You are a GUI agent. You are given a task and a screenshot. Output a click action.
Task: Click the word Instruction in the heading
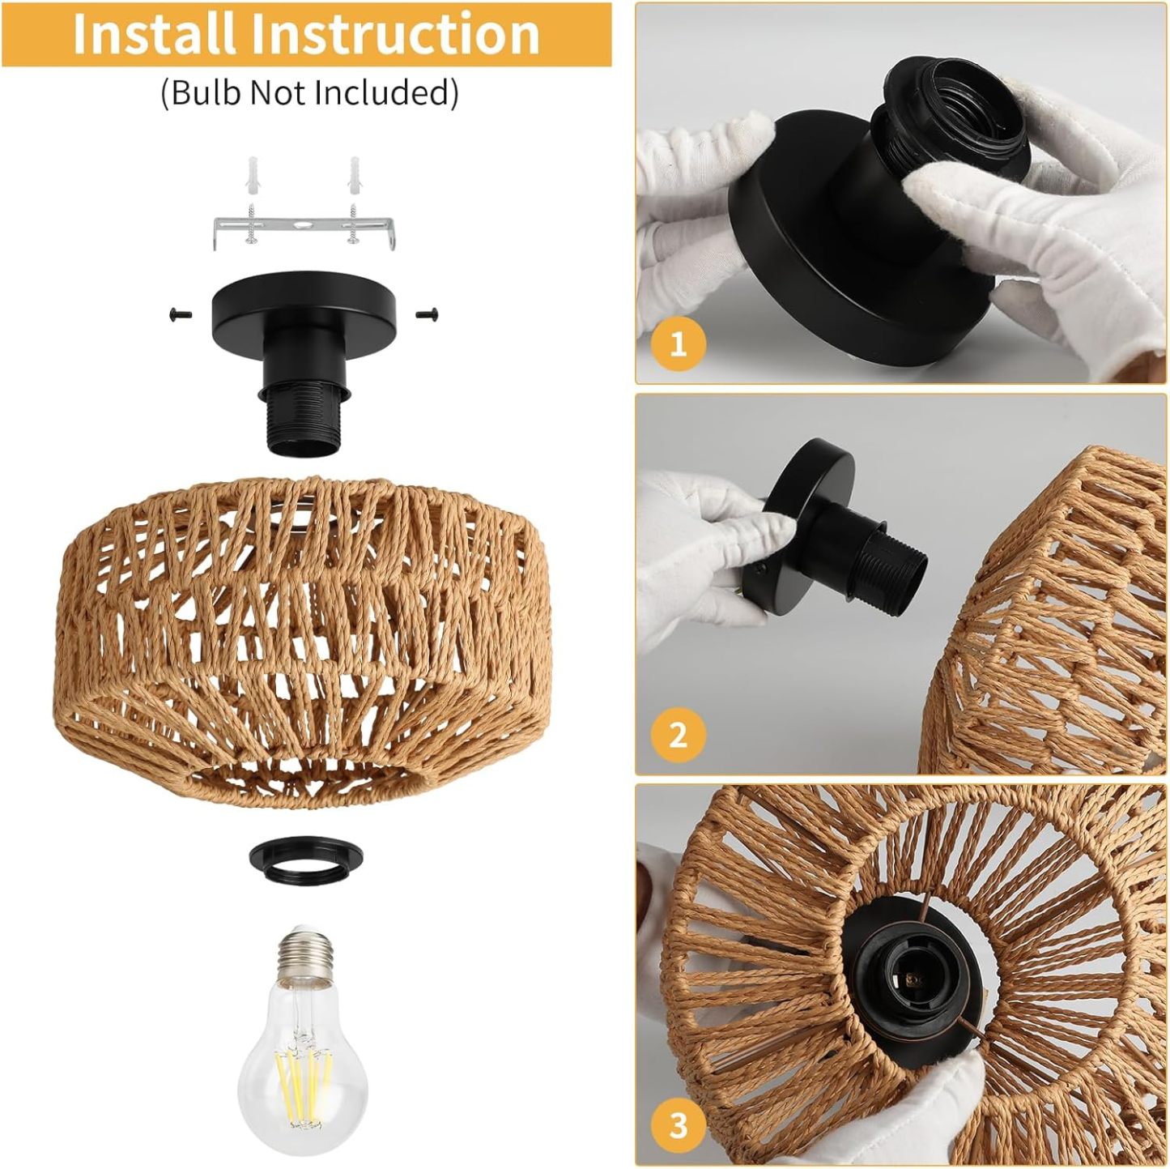394,34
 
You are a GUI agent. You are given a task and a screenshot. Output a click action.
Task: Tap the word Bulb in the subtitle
206,92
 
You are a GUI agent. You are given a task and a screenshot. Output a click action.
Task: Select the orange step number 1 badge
678,344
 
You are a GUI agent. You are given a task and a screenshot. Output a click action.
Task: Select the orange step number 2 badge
678,735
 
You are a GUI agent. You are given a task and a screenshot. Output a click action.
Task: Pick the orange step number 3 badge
678,1124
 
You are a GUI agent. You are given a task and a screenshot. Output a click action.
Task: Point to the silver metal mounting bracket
303,231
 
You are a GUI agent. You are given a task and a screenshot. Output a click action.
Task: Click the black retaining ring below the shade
305,859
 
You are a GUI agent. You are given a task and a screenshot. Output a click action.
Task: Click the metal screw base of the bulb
305,956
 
